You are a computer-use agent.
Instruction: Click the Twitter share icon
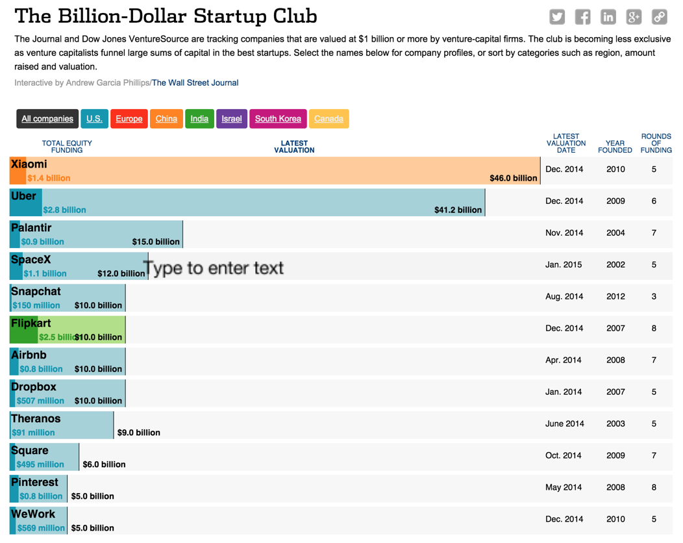[557, 18]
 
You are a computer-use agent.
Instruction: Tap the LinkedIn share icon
[608, 18]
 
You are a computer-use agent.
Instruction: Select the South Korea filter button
[278, 119]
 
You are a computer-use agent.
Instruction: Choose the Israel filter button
[232, 119]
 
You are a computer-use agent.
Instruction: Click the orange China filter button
[166, 119]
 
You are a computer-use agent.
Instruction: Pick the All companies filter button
[47, 119]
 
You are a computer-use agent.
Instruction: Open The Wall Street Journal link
[195, 83]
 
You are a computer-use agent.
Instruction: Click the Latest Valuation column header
[294, 147]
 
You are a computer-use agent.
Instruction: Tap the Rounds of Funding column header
[656, 144]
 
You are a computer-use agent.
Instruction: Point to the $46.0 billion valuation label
[513, 178]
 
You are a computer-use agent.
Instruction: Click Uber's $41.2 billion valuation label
[458, 210]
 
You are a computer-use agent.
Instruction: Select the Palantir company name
[31, 228]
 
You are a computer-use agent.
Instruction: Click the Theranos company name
[36, 419]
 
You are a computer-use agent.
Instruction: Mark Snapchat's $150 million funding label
[36, 305]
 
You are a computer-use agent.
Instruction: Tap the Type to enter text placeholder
[214, 268]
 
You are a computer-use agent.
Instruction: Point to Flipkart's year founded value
[615, 329]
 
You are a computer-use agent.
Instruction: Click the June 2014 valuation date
[564, 424]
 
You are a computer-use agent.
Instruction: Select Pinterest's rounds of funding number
[654, 488]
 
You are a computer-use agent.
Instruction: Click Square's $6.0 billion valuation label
[104, 464]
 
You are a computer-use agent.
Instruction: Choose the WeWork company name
[33, 514]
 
